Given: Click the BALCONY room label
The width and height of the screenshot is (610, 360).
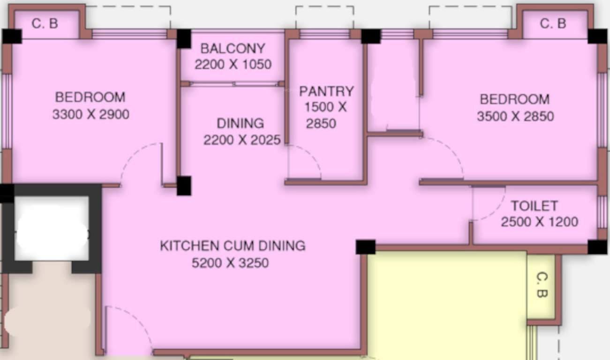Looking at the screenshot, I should (x=233, y=48).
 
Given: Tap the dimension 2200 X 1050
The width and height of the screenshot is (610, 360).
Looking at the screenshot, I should (x=233, y=64).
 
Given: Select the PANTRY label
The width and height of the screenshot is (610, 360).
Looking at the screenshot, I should (x=326, y=91).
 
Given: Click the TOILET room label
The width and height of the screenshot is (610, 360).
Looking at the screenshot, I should (x=534, y=206).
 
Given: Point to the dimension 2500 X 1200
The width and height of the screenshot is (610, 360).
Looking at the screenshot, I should (x=539, y=222).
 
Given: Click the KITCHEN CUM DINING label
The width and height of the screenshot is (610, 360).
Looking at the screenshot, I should (x=233, y=246).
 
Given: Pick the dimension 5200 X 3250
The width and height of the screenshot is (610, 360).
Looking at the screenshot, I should (x=230, y=263).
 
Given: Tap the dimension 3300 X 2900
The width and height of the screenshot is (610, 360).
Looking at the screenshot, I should (x=90, y=114).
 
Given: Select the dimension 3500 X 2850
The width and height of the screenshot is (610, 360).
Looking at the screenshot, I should (x=515, y=116).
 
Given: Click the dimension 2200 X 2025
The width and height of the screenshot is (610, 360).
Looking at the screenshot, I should (x=241, y=140).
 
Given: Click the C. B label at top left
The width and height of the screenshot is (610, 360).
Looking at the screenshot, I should (x=45, y=23).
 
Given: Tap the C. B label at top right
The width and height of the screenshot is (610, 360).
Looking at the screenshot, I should (x=553, y=23).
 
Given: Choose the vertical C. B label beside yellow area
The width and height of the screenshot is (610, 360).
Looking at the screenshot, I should (x=541, y=285).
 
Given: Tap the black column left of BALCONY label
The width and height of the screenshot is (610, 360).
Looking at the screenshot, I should (x=184, y=38).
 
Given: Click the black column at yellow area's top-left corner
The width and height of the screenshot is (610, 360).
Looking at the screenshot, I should (x=365, y=247).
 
